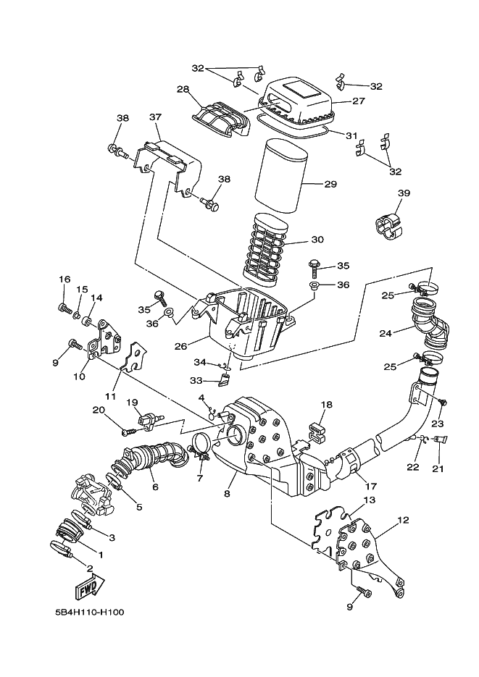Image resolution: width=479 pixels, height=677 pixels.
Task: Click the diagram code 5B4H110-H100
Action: [x=89, y=612]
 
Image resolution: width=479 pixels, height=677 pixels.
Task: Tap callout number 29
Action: [x=330, y=184]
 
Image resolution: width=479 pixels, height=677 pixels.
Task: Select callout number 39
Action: [x=404, y=193]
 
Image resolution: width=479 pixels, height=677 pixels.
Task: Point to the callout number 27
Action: [x=358, y=101]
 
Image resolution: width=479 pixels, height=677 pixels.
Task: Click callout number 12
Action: [x=404, y=520]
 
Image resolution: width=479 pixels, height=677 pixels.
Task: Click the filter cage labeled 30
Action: [x=267, y=246]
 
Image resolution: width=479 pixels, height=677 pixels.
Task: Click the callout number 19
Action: [x=133, y=403]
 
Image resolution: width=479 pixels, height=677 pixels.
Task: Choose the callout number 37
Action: [x=155, y=117]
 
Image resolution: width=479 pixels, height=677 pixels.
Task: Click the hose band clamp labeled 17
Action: [x=351, y=463]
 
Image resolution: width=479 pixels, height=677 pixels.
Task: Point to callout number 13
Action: [x=370, y=500]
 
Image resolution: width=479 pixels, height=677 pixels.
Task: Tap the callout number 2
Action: [x=90, y=568]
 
